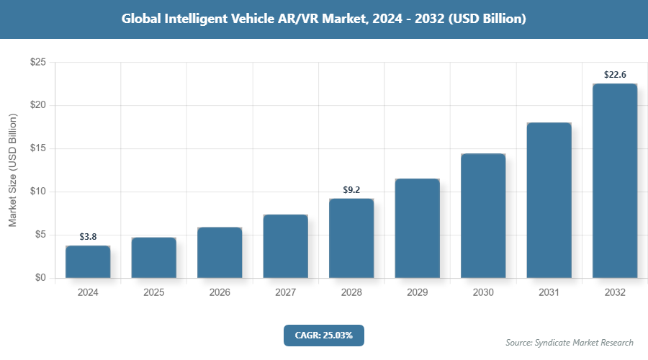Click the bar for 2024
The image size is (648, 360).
point(88,262)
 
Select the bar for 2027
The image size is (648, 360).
point(285,246)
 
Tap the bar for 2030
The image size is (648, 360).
point(483,216)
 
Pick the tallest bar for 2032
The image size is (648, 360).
point(615,181)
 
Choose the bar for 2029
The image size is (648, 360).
point(417,228)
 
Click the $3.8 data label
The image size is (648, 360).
point(88,237)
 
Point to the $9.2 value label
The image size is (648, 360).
point(351,190)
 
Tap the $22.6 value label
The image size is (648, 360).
point(615,74)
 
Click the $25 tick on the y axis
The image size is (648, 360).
point(38,63)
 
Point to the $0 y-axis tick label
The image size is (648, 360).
point(40,278)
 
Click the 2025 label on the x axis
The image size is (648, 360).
point(153,293)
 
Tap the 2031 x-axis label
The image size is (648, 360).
point(549,293)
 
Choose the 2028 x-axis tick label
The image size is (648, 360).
point(351,293)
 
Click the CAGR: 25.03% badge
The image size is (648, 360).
point(324,335)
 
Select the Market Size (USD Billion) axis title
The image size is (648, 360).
point(12,170)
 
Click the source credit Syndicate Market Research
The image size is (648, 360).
point(570,343)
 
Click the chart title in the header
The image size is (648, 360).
point(324,19)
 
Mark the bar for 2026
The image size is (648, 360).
point(220,253)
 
